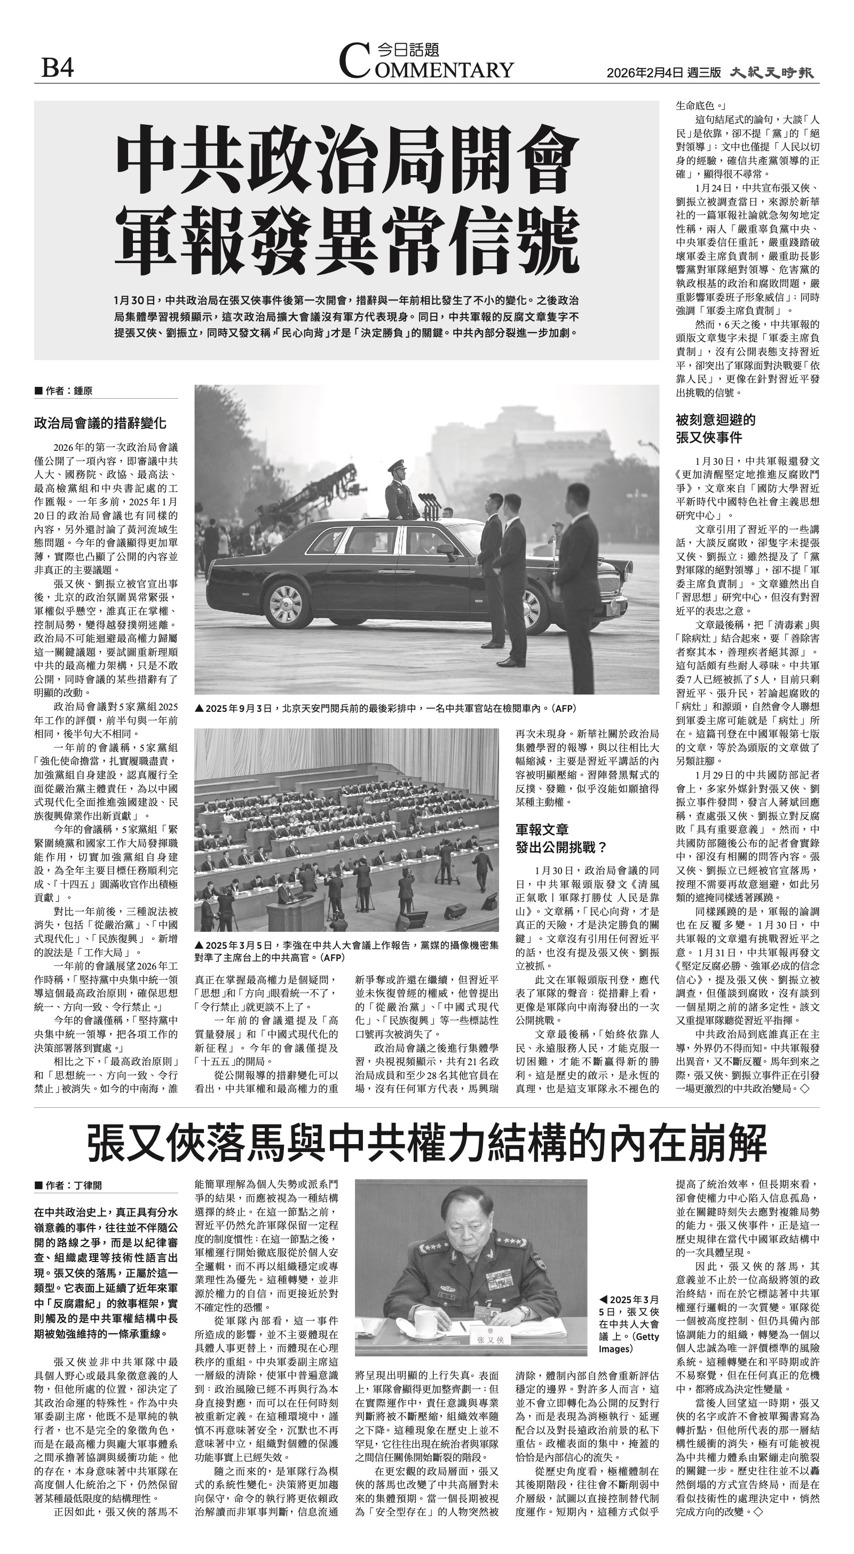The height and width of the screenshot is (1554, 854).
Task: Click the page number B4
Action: tap(57, 68)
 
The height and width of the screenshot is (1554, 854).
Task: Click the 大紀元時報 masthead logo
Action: tap(772, 73)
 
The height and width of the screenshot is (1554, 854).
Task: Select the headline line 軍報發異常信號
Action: tap(347, 240)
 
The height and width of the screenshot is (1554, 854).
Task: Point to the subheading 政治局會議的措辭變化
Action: tap(100, 423)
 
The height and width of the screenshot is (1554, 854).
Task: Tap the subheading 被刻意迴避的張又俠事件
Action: tap(715, 429)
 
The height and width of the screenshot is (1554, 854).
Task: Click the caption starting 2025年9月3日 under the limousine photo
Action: tap(386, 708)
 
